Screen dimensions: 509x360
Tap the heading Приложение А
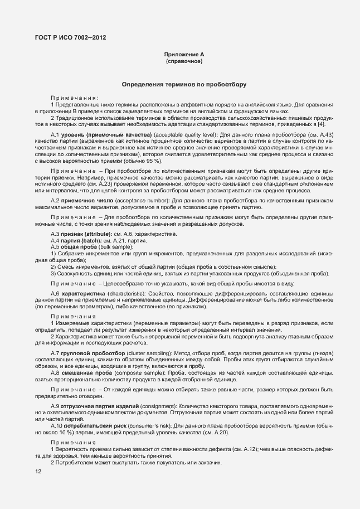(x=184, y=54)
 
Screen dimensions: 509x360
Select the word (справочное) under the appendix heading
(x=184, y=61)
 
